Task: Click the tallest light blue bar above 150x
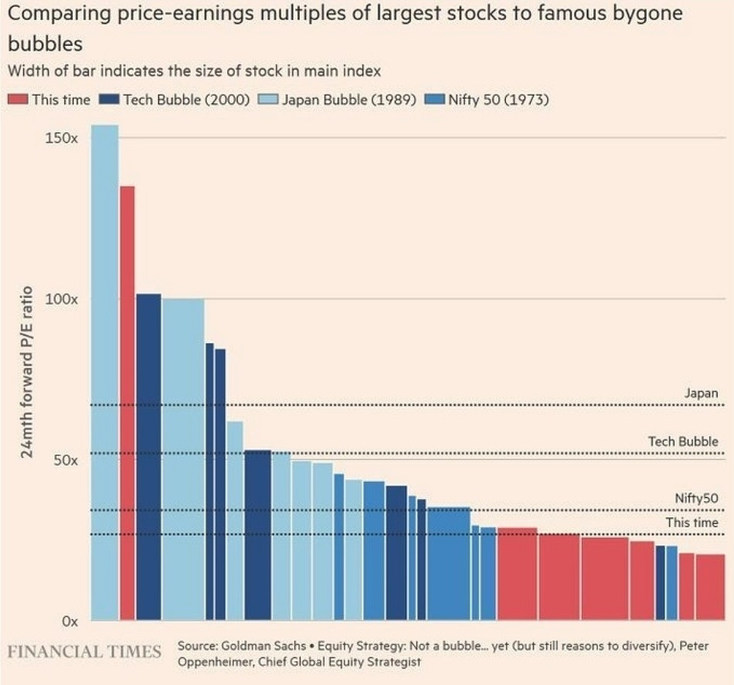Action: pyautogui.click(x=104, y=371)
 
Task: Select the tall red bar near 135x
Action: pyautogui.click(x=127, y=402)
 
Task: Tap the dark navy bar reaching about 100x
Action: pyautogui.click(x=148, y=456)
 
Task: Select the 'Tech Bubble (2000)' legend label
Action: pyautogui.click(x=185, y=100)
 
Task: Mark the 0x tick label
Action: pyautogui.click(x=69, y=621)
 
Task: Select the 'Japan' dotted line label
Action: pyautogui.click(x=701, y=394)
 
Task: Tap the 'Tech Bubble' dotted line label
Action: pyautogui.click(x=683, y=441)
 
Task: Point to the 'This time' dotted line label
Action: pyautogui.click(x=692, y=523)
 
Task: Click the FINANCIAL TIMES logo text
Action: pyautogui.click(x=84, y=651)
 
